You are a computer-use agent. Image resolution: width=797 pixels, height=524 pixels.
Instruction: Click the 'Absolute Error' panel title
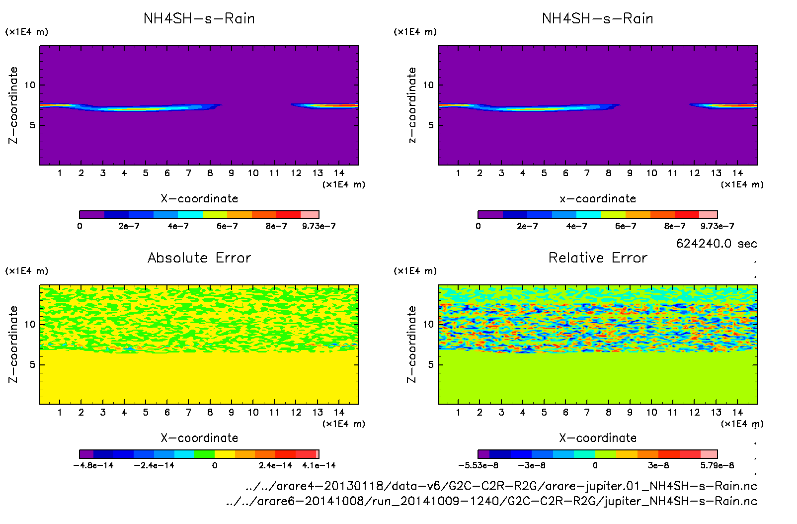(x=199, y=258)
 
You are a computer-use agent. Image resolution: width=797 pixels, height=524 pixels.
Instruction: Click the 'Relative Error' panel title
(x=598, y=258)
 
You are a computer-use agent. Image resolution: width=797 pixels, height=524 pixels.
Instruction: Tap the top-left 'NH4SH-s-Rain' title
(x=199, y=18)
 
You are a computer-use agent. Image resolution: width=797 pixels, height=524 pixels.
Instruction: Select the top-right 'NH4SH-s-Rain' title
(x=598, y=18)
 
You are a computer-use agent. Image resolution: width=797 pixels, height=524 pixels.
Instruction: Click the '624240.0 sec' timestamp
(x=717, y=244)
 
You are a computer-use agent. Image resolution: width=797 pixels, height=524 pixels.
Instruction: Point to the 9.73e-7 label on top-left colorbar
(x=319, y=226)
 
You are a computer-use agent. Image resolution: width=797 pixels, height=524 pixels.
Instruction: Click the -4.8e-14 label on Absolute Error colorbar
(x=93, y=465)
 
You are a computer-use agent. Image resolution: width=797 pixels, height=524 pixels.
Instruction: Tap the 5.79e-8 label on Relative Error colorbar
(x=717, y=465)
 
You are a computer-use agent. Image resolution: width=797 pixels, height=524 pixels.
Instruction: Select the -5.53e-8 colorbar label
(x=478, y=465)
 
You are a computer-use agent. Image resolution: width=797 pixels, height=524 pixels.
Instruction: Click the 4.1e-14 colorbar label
(x=319, y=465)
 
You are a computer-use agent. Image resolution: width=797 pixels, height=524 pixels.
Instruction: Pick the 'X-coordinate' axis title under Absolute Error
(x=199, y=438)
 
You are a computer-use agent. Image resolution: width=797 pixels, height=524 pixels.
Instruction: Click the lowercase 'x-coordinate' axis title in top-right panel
(x=598, y=199)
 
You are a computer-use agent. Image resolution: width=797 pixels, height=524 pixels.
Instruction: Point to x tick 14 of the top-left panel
(x=339, y=173)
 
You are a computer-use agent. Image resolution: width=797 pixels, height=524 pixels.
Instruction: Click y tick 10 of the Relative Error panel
(x=428, y=324)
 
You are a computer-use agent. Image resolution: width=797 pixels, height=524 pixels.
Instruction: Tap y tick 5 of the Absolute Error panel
(x=32, y=364)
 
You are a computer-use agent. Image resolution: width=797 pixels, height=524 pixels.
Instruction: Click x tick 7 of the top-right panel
(x=587, y=173)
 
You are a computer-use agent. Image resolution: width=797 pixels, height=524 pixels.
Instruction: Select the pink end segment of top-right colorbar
(x=708, y=215)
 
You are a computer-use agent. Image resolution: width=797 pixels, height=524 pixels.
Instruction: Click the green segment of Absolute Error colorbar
(x=204, y=454)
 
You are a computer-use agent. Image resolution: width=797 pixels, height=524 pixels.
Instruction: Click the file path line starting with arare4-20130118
(x=501, y=486)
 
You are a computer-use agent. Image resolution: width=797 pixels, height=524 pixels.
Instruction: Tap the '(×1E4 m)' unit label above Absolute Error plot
(x=27, y=271)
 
